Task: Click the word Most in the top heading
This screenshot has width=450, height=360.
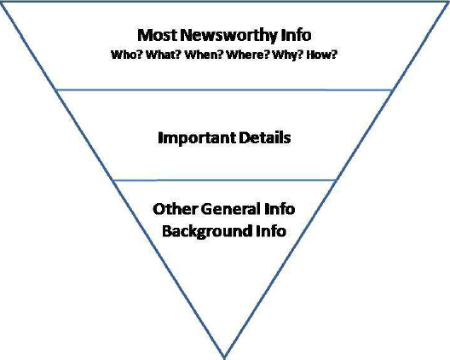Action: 157,35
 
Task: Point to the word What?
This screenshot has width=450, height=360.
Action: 163,55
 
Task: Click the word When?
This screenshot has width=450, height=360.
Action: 204,55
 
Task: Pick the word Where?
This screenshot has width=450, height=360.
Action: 248,55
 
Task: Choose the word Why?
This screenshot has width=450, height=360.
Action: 288,55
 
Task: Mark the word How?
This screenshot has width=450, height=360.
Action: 321,55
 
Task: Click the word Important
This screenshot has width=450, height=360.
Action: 197,138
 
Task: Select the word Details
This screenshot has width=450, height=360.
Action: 265,137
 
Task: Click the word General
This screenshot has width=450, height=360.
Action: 231,209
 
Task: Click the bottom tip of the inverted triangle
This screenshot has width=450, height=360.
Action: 224,358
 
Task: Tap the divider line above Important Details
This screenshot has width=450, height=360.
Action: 224,90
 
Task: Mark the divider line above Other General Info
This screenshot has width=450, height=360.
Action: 224,181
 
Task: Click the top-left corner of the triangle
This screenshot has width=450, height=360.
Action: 1,2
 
